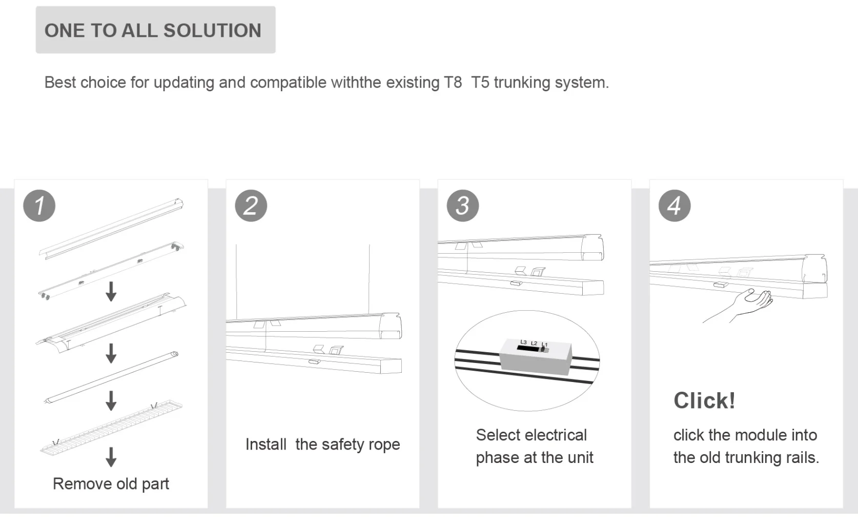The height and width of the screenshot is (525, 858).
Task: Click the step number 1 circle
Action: (39, 206)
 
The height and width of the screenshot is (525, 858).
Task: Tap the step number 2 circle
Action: (251, 206)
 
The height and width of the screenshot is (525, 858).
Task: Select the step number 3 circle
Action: (462, 206)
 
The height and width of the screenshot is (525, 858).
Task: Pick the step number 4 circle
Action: (674, 206)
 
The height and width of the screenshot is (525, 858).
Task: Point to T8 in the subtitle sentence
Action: (453, 83)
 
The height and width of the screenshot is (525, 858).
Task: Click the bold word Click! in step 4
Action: (704, 400)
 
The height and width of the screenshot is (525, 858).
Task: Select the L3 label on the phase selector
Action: (523, 342)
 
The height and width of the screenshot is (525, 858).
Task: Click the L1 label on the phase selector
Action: (544, 345)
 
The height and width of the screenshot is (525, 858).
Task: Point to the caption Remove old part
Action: (111, 484)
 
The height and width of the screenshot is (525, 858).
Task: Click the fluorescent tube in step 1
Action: (111, 378)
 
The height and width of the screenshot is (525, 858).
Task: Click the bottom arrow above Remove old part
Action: (111, 456)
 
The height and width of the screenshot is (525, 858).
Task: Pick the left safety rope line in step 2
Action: (236, 282)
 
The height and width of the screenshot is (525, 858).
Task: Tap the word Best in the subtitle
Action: (59, 83)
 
